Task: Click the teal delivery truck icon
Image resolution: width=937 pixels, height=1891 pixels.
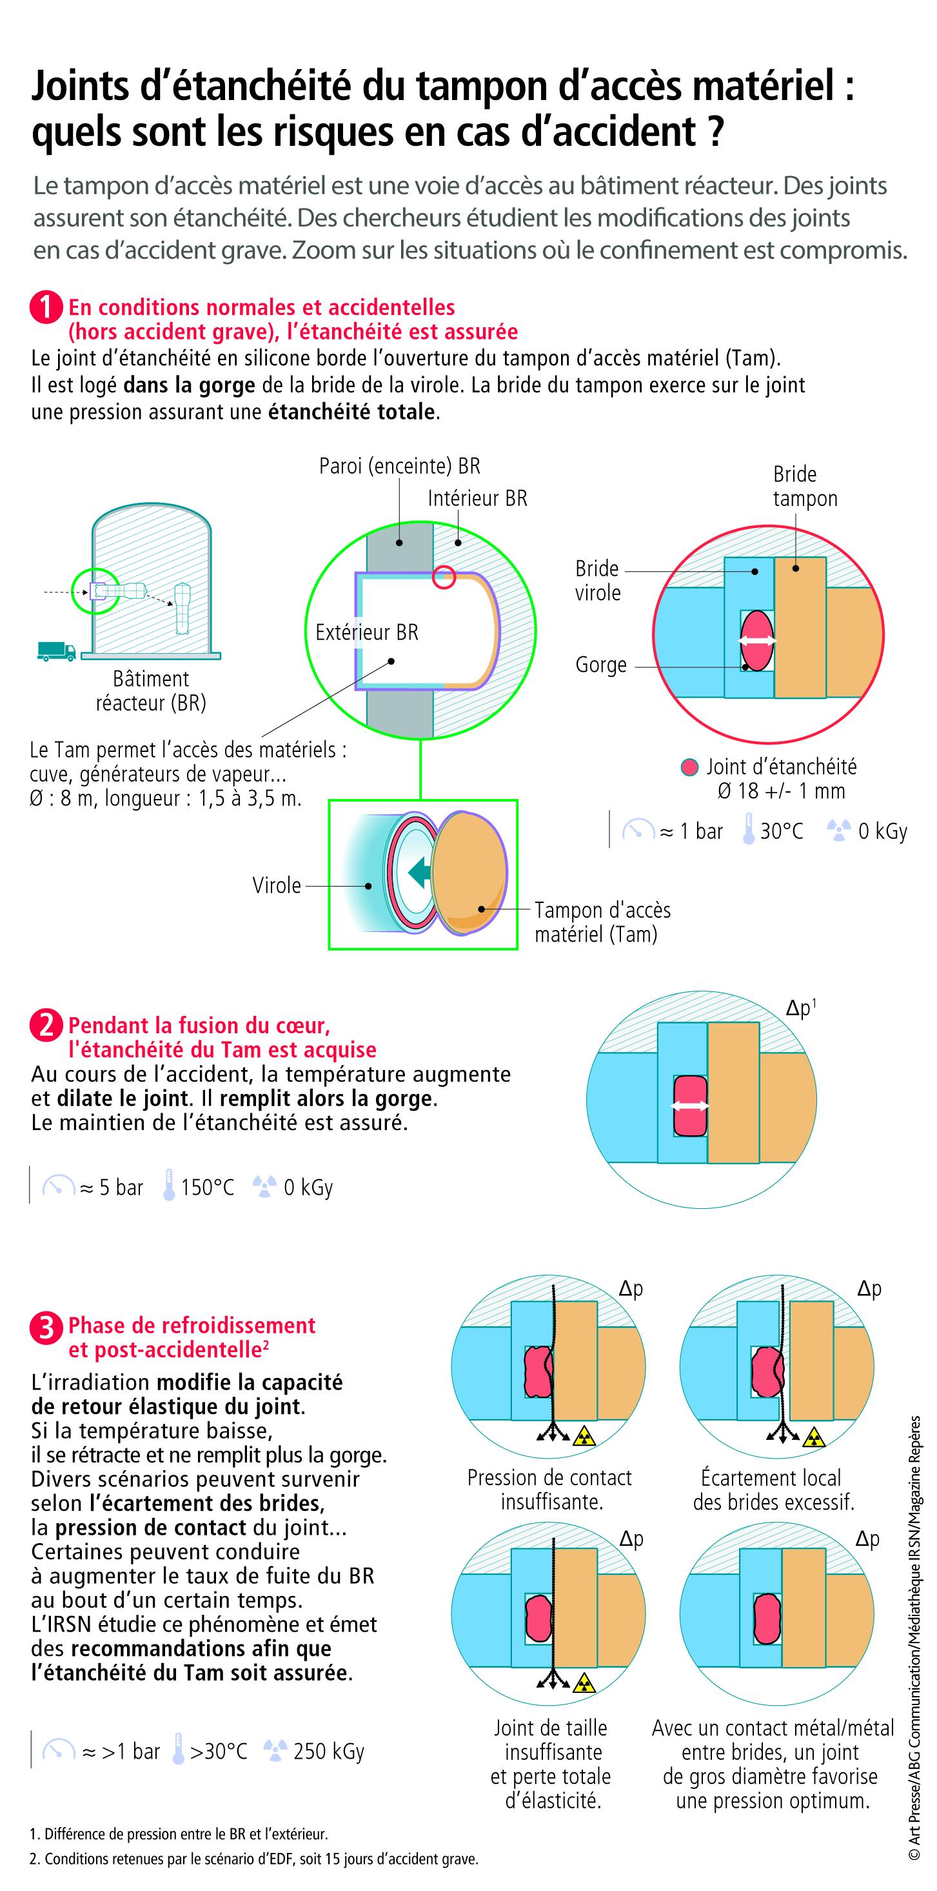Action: tap(55, 651)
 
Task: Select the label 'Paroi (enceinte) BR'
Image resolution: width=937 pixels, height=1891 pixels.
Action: tap(399, 465)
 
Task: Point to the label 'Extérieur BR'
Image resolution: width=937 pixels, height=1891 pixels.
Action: tap(366, 632)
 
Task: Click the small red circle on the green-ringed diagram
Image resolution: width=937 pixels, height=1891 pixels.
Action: tap(444, 577)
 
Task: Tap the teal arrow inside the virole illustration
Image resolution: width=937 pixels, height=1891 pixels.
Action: tap(420, 872)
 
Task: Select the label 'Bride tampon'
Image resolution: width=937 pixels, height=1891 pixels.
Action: tap(804, 486)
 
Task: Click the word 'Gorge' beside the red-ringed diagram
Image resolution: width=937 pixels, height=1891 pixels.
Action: tap(600, 665)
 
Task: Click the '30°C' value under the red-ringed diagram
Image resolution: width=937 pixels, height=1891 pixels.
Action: tap(781, 831)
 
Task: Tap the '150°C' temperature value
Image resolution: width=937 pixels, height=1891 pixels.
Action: tap(208, 1187)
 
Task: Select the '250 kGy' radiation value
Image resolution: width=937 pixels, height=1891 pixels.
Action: tap(329, 1751)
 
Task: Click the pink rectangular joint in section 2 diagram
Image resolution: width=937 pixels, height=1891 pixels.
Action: tap(690, 1106)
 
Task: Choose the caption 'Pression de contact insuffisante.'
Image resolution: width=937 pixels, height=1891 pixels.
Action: tap(549, 1490)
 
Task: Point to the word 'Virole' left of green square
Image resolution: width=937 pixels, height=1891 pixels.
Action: tap(277, 885)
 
